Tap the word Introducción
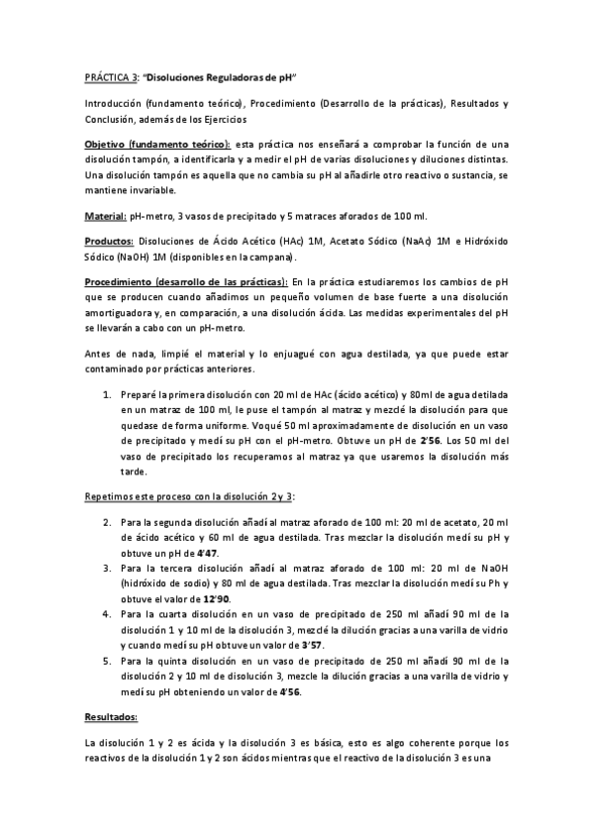(113, 103)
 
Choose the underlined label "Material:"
(104, 217)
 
